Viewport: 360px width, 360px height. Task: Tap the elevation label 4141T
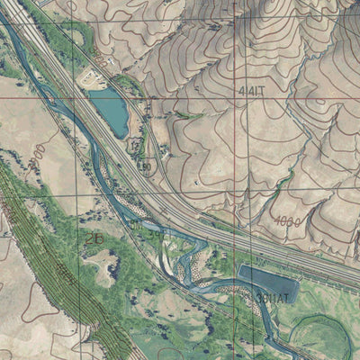click(x=253, y=90)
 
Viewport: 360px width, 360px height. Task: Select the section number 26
click(x=94, y=238)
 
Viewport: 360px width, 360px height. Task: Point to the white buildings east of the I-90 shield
click(x=162, y=157)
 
